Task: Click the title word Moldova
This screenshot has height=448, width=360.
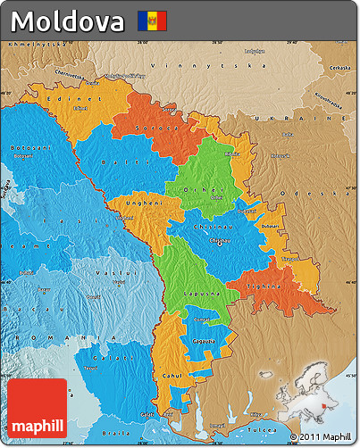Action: pos(69,20)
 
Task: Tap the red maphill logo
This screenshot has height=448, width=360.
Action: pos(38,408)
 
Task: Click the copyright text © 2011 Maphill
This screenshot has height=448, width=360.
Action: pos(321,436)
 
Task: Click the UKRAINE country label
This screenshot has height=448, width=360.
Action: pos(307,118)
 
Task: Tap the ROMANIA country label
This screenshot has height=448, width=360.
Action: pos(45,338)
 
